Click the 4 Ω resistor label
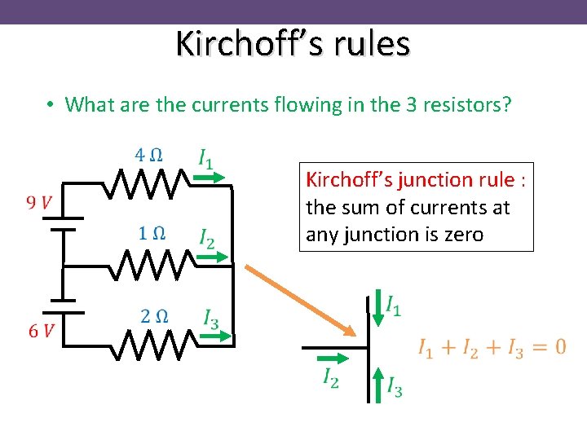(148, 154)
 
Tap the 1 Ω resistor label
(152, 233)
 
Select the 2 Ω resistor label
(154, 316)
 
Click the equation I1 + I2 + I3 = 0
(492, 348)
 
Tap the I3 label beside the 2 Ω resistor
(211, 318)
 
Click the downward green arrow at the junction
(377, 310)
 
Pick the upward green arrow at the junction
(378, 382)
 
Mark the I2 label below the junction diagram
(330, 378)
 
